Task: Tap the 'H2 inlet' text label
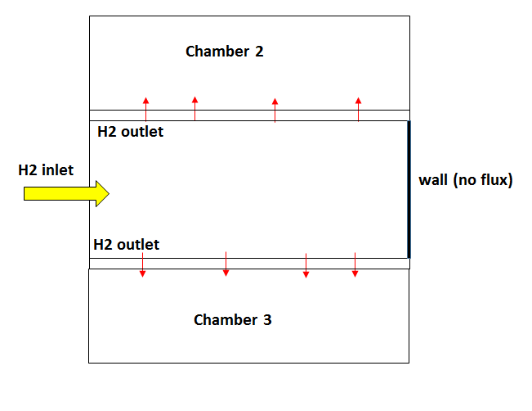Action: click(x=46, y=170)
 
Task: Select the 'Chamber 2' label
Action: click(x=225, y=52)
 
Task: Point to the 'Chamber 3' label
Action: click(x=232, y=320)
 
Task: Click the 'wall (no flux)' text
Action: click(x=465, y=180)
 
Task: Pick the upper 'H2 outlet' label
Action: click(x=130, y=132)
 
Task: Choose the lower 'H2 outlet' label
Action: click(x=127, y=245)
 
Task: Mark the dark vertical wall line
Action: click(x=409, y=189)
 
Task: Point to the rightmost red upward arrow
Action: click(x=358, y=109)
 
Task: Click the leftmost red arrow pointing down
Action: click(x=142, y=264)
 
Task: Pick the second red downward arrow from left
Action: click(x=226, y=264)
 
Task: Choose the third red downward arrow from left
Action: click(x=306, y=265)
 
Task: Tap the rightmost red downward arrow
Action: click(x=355, y=264)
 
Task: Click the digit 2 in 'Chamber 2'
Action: click(x=259, y=52)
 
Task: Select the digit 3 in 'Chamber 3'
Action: click(x=267, y=320)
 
